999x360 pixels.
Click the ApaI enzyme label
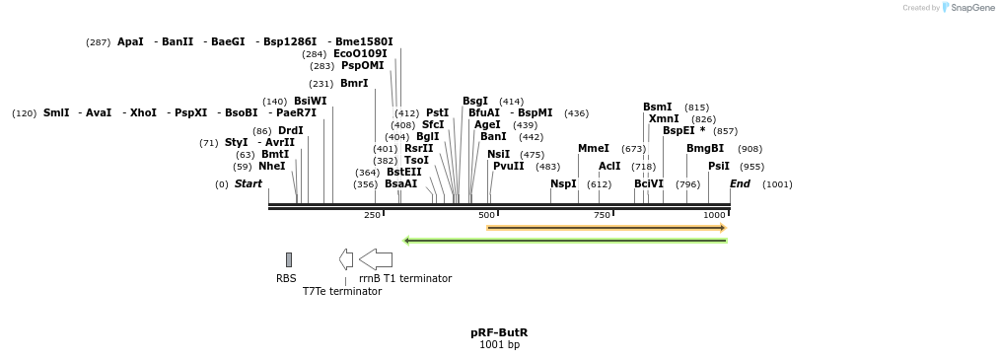(130, 42)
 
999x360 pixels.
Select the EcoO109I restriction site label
(360, 54)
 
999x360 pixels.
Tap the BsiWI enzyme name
(310, 102)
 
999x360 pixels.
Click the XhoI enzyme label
(143, 113)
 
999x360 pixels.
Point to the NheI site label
(271, 167)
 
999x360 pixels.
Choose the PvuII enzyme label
(508, 167)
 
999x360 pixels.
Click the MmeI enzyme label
(593, 149)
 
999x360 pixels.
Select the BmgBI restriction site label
(704, 149)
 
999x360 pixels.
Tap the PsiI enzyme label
(718, 167)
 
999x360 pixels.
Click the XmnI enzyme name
(664, 119)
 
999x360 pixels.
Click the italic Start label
(248, 184)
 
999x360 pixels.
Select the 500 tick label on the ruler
(486, 215)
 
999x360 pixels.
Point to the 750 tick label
(602, 215)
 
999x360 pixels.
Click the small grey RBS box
(289, 259)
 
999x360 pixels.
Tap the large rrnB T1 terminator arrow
(376, 259)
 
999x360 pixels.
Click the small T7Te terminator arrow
(346, 259)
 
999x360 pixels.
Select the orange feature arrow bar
(607, 228)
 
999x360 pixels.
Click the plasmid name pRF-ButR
(499, 332)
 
